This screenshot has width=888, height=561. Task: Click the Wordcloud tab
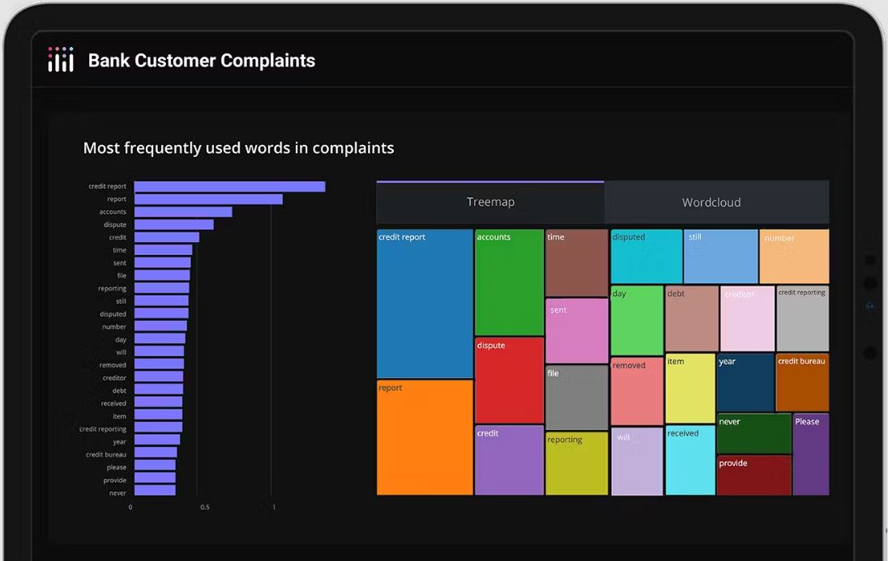tap(711, 202)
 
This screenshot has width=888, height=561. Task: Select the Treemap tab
tap(490, 202)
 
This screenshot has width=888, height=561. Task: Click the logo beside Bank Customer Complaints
tap(61, 60)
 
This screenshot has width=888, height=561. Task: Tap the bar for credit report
tap(229, 186)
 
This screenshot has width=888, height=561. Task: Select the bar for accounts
tap(183, 212)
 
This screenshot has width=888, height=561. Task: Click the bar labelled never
tap(155, 491)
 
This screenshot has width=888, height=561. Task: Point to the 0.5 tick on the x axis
tap(205, 508)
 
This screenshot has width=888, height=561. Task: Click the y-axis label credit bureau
tap(105, 455)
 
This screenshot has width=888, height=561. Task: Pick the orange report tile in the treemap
tap(425, 437)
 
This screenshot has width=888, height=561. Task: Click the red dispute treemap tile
tap(509, 380)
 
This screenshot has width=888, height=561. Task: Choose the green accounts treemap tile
tap(509, 282)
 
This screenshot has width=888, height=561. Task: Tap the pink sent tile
tap(576, 330)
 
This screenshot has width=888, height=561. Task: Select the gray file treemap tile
tap(576, 397)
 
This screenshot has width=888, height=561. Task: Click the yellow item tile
tap(690, 388)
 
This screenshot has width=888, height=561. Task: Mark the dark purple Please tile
tap(810, 454)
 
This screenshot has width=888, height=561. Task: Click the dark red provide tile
tap(754, 475)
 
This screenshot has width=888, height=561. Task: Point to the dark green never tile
tap(754, 433)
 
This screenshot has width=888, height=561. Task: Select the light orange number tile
tap(794, 256)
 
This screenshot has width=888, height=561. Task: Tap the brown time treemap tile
tap(576, 262)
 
